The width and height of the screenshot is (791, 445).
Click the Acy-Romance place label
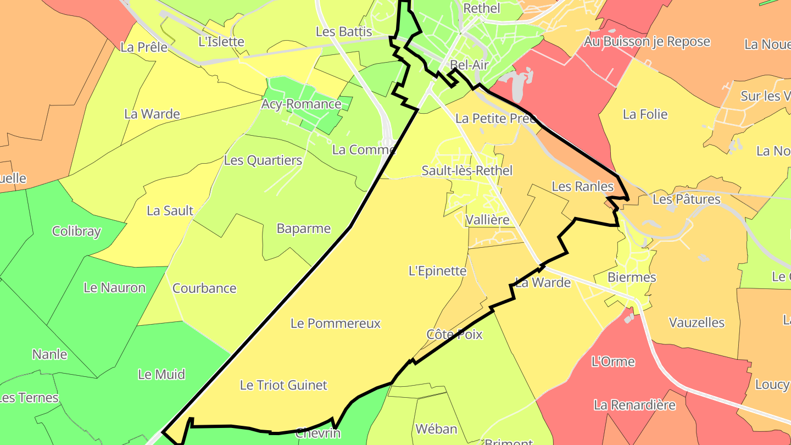pos(301,104)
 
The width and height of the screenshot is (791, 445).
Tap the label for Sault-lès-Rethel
pos(467,171)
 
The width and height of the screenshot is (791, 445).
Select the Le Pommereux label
pos(336,324)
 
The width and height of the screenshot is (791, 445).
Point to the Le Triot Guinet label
pos(283,386)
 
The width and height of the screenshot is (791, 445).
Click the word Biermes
pos(632,277)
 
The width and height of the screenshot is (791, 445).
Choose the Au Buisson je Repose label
pos(647,42)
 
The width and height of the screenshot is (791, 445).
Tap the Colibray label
pos(76,231)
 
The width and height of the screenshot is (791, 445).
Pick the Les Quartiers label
pos(263,161)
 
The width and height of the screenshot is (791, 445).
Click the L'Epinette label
pos(437,271)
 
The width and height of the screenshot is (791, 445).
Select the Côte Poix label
pos(454,335)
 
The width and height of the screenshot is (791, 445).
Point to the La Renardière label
pos(634,405)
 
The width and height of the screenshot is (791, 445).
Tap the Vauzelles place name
pos(697,323)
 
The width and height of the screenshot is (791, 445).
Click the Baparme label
pos(304,229)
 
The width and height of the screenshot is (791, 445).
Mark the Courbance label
pos(204,288)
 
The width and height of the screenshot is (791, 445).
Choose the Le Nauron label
pos(114,288)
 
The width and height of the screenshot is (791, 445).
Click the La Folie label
pos(645,114)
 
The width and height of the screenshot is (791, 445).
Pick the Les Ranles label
pos(582,187)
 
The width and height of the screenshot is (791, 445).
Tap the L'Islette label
pos(221,42)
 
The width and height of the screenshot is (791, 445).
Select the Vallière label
pos(487,220)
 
